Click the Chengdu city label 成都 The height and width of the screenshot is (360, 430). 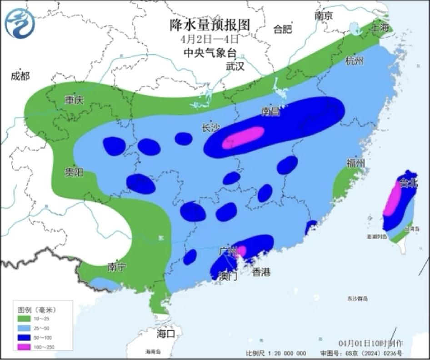20,76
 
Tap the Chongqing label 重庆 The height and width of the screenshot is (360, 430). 74,100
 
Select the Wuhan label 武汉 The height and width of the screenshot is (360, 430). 235,66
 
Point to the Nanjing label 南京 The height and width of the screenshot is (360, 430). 324,15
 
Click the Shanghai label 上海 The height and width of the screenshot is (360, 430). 381,27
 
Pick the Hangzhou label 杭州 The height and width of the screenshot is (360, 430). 355,61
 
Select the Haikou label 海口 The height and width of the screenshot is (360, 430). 166,334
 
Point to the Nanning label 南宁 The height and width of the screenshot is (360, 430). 117,267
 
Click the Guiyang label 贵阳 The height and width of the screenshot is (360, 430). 73,172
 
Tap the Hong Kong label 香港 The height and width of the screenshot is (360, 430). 261,272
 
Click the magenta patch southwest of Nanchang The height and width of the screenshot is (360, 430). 243,137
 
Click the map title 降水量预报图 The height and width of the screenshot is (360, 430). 210,25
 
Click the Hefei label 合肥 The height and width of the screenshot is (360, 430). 282,30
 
